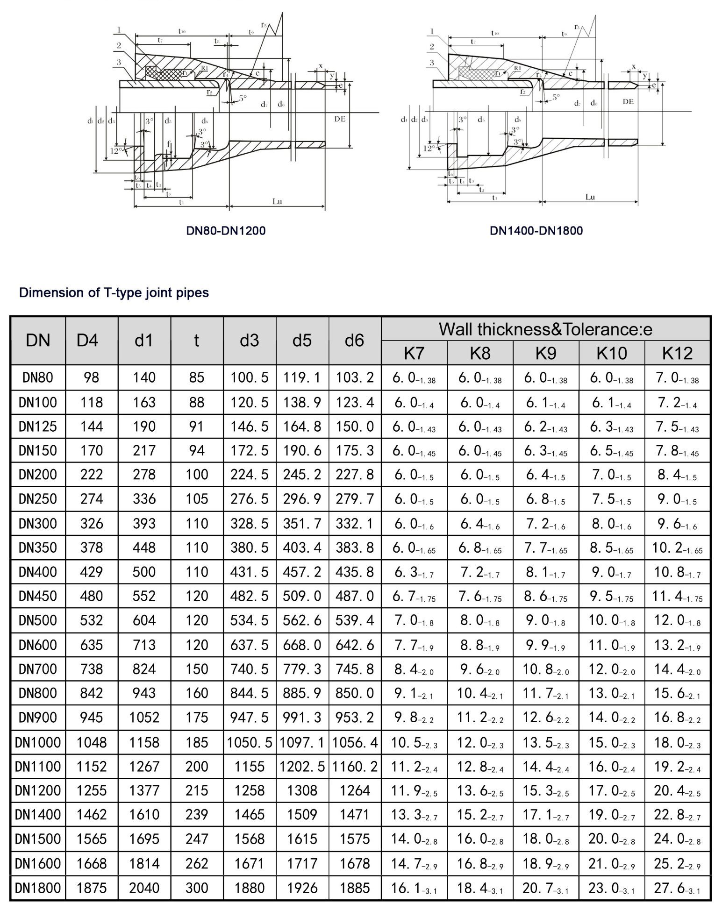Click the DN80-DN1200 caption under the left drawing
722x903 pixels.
pos(226,230)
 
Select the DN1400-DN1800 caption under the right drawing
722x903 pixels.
pos(536,230)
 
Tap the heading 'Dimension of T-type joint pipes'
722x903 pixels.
pos(114,293)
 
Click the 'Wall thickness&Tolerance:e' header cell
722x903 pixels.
pos(545,329)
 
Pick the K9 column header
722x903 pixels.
pos(545,353)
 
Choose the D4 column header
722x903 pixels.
pos(87,341)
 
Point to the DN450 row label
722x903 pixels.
pos(38,596)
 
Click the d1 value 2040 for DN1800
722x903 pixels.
pos(144,888)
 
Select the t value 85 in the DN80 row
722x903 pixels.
pos(197,377)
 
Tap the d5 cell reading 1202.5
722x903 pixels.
pos(302,766)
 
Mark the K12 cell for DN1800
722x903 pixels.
pos(677,888)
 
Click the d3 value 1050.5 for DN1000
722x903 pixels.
pos(250,742)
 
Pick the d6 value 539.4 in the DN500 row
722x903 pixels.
pos(355,620)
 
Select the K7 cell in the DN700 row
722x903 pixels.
pos(414,669)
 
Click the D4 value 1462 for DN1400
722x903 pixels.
pos(91,815)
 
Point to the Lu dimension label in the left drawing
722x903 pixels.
pos(277,202)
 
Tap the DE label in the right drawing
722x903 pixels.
pos(628,101)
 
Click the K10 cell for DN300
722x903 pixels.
pos(611,524)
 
